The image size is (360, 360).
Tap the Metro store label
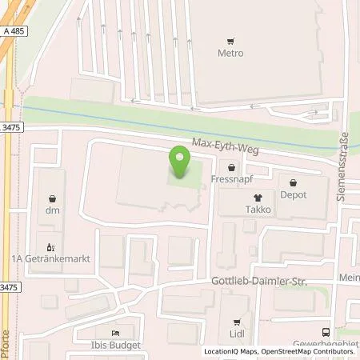click(x=230, y=54)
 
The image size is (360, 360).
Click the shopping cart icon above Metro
click(x=230, y=42)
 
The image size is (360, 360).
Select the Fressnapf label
click(x=233, y=179)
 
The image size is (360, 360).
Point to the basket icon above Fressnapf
click(x=232, y=167)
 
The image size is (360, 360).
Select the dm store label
click(x=53, y=210)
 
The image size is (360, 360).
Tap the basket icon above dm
click(x=53, y=198)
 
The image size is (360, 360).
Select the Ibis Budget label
click(x=117, y=345)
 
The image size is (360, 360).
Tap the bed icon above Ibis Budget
click(x=117, y=333)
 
